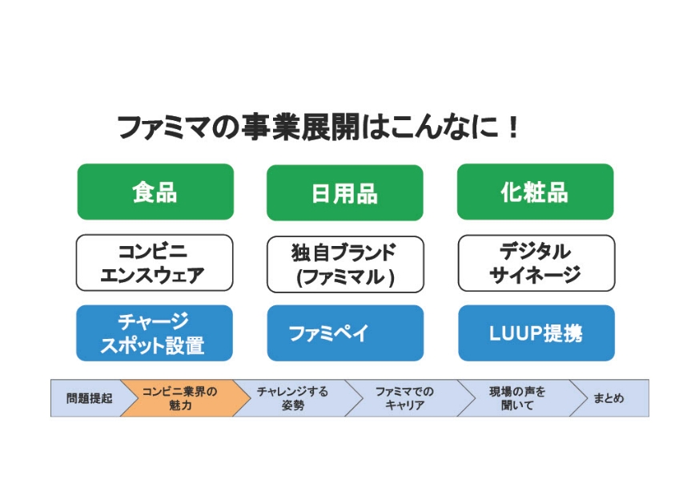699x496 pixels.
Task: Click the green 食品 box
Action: [155, 192]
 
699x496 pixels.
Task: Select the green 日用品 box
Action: [344, 193]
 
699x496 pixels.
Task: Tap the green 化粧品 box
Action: [535, 192]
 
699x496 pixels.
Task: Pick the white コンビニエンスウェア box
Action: [155, 263]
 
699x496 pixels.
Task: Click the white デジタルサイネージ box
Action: [536, 263]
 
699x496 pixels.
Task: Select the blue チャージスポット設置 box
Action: [155, 333]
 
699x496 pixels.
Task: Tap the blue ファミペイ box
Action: [344, 333]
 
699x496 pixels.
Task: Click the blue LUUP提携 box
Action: [536, 333]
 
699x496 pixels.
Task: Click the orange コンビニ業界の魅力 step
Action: [179, 398]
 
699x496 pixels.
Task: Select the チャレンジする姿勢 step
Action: [292, 398]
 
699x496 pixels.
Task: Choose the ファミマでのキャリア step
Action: [404, 398]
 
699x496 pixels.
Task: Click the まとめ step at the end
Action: [609, 398]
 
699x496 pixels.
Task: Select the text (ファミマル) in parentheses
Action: [345, 276]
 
